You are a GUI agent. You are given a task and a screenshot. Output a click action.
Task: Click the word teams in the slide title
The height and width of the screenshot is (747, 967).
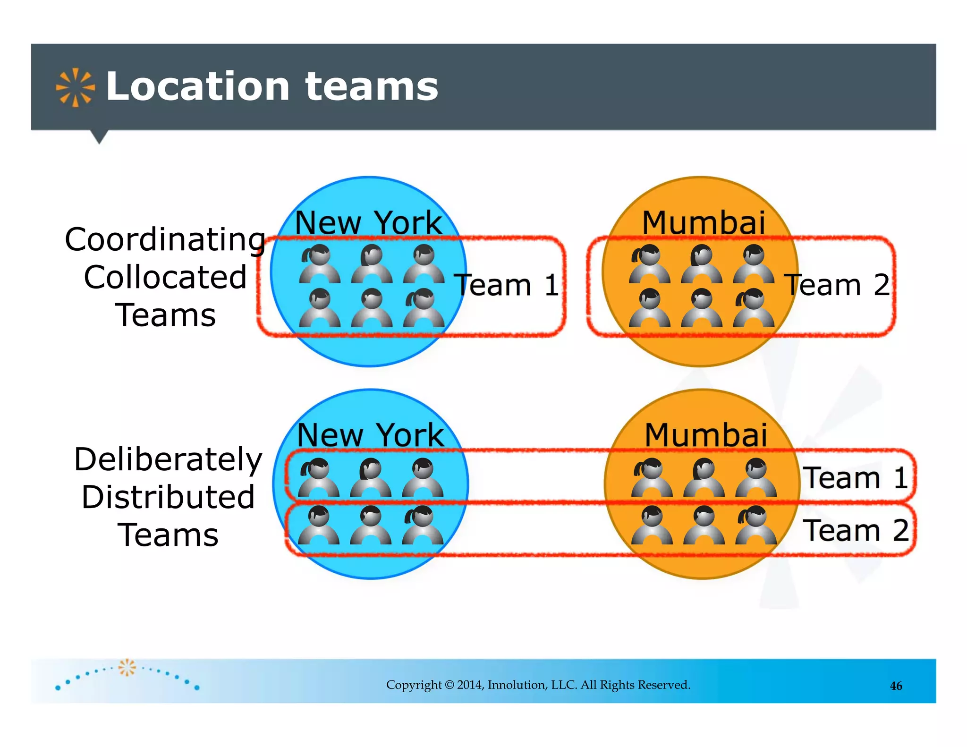click(372, 87)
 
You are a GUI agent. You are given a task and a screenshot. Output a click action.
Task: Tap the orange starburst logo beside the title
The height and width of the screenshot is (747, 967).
click(75, 87)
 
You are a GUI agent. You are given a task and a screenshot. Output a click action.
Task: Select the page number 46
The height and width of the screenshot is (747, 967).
click(896, 686)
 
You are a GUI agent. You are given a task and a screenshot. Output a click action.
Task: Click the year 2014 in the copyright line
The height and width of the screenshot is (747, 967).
click(470, 685)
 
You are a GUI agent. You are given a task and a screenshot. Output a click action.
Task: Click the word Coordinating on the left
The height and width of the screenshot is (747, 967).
click(165, 240)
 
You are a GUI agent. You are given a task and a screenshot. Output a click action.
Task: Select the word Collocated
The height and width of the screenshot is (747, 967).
click(165, 277)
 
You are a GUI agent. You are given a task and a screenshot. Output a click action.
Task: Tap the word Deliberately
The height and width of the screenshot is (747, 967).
click(168, 459)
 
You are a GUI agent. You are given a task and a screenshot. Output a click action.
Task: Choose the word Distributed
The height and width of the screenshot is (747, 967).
click(168, 497)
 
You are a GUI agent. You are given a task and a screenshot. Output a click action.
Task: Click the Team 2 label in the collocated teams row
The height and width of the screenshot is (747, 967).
click(837, 285)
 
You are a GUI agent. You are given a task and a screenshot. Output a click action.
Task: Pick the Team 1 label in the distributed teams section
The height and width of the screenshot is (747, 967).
click(856, 477)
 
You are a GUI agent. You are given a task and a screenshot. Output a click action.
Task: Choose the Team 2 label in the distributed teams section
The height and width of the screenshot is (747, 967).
click(856, 530)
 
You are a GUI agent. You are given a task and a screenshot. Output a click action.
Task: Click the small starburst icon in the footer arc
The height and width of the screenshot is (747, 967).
click(127, 667)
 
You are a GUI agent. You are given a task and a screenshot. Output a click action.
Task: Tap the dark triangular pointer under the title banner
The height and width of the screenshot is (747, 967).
click(99, 136)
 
